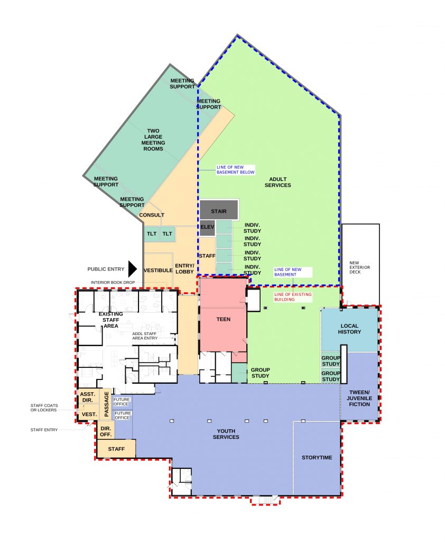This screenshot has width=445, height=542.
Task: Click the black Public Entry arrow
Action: point(133,269)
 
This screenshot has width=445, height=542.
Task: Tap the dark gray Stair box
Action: point(219,210)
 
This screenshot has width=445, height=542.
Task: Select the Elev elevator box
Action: point(207,228)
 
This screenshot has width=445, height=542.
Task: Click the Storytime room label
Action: point(317,458)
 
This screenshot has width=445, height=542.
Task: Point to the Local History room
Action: point(349,329)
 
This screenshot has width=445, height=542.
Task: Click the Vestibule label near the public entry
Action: point(158,270)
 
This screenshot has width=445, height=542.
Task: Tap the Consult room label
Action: point(152,215)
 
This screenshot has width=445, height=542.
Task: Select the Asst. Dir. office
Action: point(88,397)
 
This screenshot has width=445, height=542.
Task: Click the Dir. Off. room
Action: point(106,431)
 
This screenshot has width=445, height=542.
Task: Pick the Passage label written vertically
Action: point(107,404)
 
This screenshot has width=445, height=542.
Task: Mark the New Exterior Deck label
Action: point(360,267)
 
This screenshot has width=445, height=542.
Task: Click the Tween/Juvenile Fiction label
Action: point(359,398)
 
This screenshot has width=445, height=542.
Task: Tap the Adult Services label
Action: point(278,182)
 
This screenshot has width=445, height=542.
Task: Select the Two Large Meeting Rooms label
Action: point(153,140)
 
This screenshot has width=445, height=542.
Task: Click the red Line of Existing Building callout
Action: point(293,297)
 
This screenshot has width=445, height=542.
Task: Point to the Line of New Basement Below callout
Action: point(235,170)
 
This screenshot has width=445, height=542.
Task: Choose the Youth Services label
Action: point(226,434)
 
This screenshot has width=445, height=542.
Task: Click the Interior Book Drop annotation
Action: point(113,283)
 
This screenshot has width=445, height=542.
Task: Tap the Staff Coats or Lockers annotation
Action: point(44,408)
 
